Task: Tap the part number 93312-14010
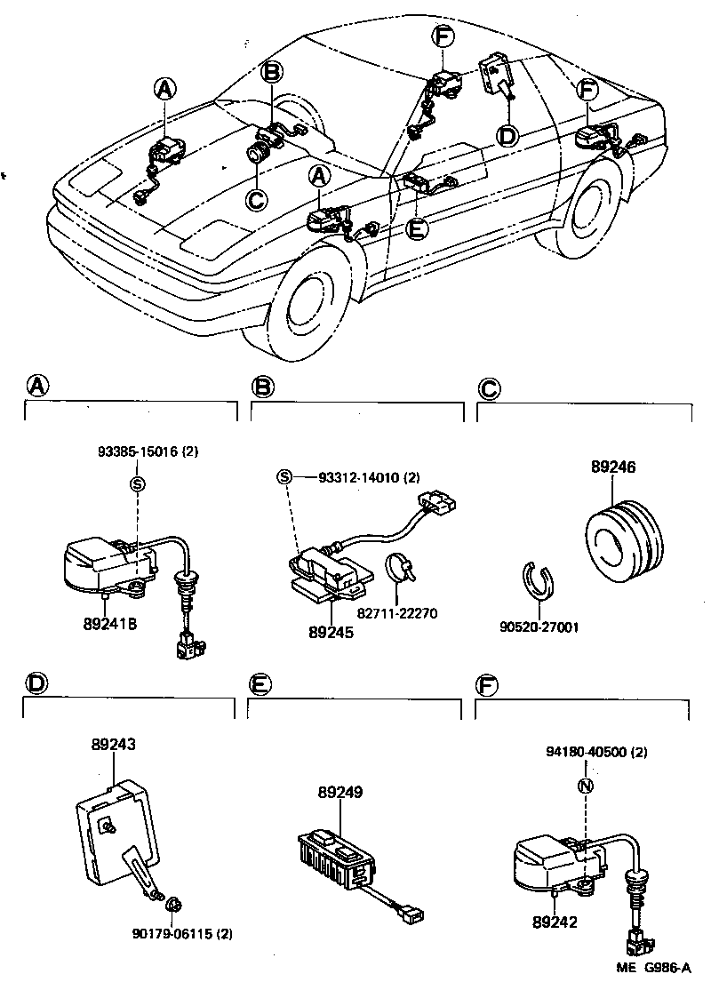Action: (x=360, y=477)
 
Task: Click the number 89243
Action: (x=113, y=747)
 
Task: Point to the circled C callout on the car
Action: (x=256, y=199)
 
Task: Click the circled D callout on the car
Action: (x=506, y=135)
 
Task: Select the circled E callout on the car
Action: (x=416, y=228)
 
